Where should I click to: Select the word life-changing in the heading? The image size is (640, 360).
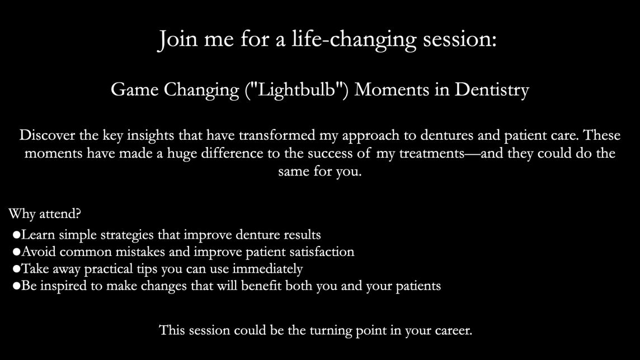coord(354,40)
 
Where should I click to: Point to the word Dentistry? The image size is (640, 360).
coord(492,89)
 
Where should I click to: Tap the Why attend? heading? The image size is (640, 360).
coord(45,214)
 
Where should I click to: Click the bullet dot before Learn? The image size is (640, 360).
coord(16,235)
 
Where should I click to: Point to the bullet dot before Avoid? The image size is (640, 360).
coord(16,252)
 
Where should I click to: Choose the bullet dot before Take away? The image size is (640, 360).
coord(16,269)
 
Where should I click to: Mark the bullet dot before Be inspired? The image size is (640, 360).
coord(16,286)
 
